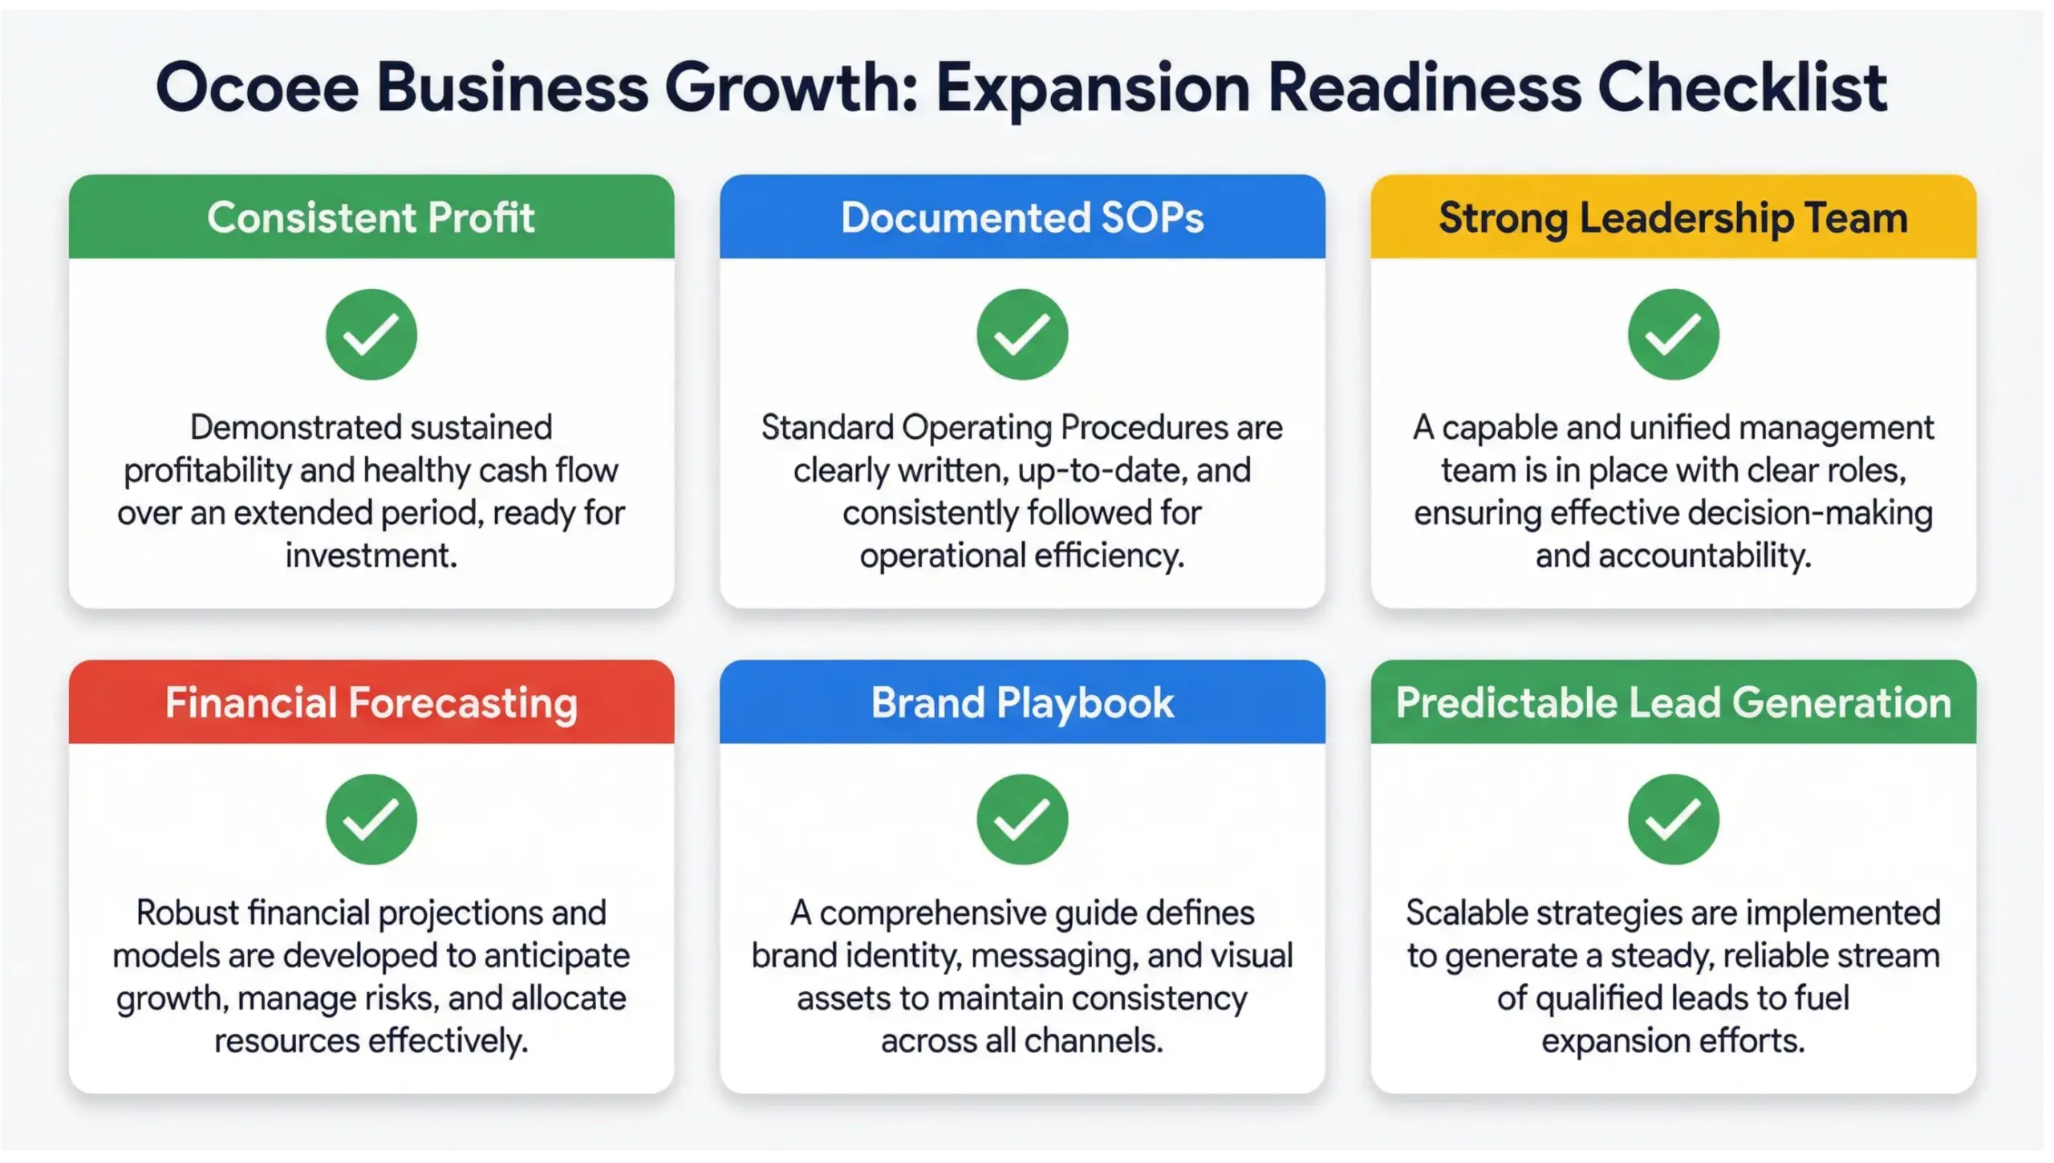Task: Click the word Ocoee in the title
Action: pyautogui.click(x=257, y=88)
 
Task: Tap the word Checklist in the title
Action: pyautogui.click(x=1741, y=88)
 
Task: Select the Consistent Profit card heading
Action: pyautogui.click(x=371, y=218)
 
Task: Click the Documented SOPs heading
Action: pyautogui.click(x=1022, y=218)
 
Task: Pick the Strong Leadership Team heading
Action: pyautogui.click(x=1673, y=218)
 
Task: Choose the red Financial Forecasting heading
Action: pyautogui.click(x=371, y=703)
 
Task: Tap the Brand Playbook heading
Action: pyautogui.click(x=1022, y=703)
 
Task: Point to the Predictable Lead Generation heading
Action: pyautogui.click(x=1673, y=703)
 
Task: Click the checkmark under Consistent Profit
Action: pyautogui.click(x=371, y=334)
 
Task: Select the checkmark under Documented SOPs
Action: pyautogui.click(x=1022, y=334)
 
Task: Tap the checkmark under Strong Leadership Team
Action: pyautogui.click(x=1673, y=334)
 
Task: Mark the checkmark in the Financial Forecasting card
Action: pyautogui.click(x=371, y=819)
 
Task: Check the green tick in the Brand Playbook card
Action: pyautogui.click(x=1022, y=819)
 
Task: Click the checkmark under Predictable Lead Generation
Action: pyautogui.click(x=1673, y=819)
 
